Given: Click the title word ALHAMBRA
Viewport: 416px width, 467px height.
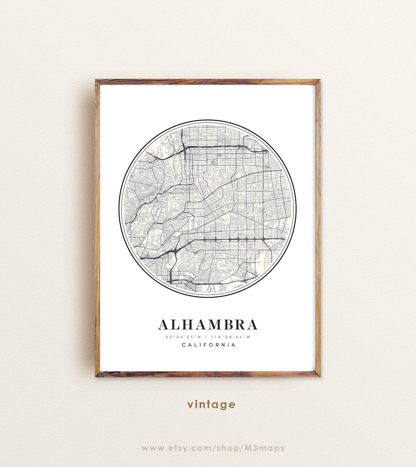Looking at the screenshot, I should coord(208,324).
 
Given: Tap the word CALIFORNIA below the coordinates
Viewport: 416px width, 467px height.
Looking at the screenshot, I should coord(209,345).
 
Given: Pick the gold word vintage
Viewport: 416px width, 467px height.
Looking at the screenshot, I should coord(211,405).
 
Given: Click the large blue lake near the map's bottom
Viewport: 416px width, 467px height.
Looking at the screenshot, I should coord(222,265).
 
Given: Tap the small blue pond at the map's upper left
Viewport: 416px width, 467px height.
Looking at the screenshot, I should coord(151,153).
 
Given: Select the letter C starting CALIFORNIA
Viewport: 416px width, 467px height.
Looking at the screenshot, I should coord(184,345).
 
